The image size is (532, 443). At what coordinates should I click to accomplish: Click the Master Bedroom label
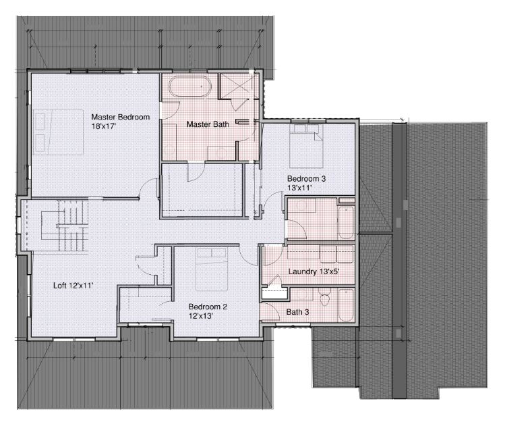click(x=121, y=118)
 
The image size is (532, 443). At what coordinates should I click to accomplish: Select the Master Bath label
click(x=208, y=125)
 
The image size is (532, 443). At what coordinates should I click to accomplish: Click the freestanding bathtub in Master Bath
click(x=190, y=86)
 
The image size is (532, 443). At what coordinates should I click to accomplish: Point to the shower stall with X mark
click(x=239, y=86)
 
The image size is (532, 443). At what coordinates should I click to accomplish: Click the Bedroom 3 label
click(x=306, y=179)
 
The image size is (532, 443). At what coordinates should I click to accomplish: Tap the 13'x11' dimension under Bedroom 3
click(x=299, y=188)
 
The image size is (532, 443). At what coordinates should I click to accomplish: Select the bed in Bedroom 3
click(x=306, y=146)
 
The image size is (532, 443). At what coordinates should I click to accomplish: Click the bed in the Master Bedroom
click(x=59, y=132)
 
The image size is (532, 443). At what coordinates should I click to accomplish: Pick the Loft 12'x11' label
click(x=73, y=286)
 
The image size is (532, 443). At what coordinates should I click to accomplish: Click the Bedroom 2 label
click(x=208, y=307)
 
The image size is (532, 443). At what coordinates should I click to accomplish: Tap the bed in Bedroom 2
click(x=212, y=269)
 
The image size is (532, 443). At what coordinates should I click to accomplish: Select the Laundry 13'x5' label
click(x=314, y=271)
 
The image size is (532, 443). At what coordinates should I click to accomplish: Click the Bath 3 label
click(x=297, y=312)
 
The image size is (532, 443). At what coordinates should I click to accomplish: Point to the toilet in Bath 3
click(x=325, y=297)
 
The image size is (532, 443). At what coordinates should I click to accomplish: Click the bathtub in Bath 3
click(x=346, y=305)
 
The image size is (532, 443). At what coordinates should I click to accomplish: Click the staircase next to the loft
click(x=65, y=226)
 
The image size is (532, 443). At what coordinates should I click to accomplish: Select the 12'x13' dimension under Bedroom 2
click(x=201, y=316)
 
